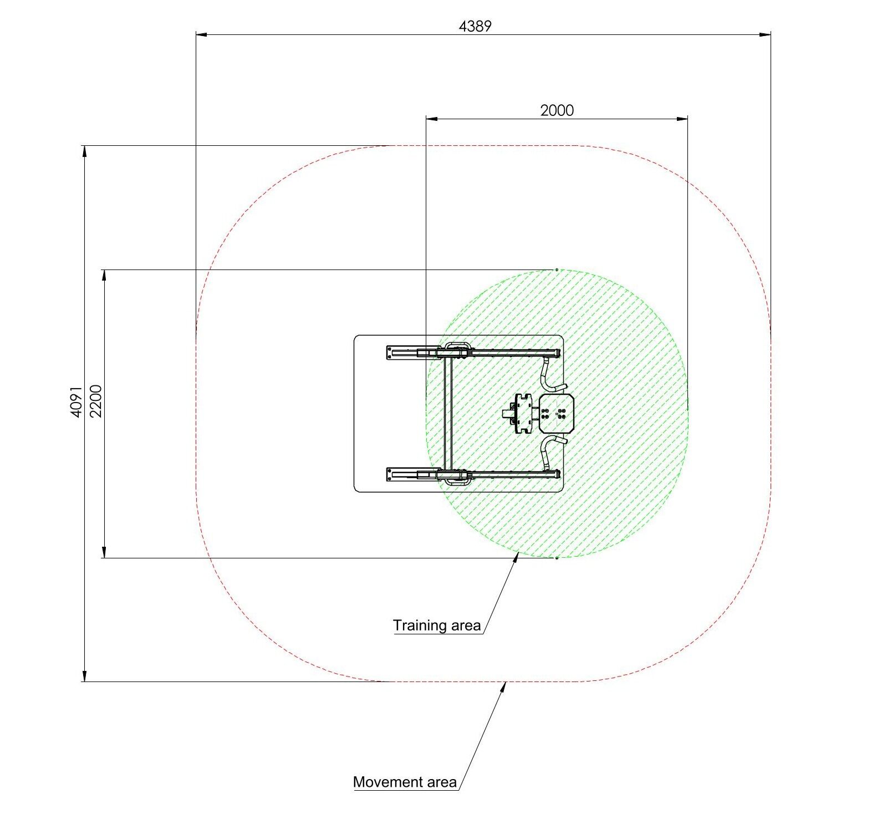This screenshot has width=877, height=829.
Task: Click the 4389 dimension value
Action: click(475, 26)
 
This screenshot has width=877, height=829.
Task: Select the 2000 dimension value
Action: click(557, 110)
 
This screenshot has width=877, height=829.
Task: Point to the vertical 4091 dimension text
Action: click(77, 401)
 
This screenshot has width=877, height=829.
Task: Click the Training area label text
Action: click(437, 625)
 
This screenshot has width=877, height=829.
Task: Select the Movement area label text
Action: click(405, 782)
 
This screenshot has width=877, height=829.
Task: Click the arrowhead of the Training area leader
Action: click(516, 558)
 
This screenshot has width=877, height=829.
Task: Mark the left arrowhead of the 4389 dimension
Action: click(201, 35)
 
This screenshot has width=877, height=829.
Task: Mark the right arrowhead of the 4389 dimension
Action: click(766, 35)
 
